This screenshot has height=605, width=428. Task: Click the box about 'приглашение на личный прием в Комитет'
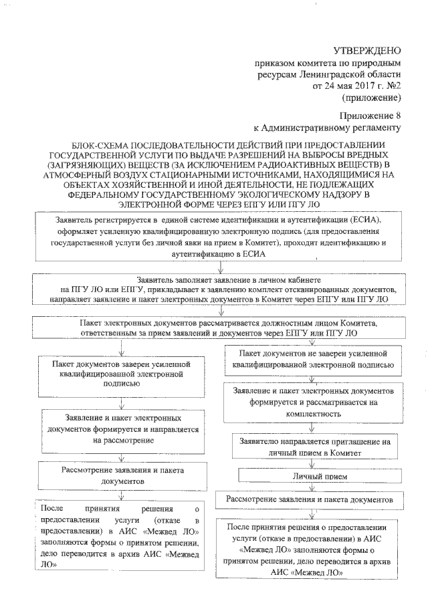[x=314, y=447]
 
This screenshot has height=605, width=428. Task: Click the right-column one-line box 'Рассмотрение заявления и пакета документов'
[x=314, y=499]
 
